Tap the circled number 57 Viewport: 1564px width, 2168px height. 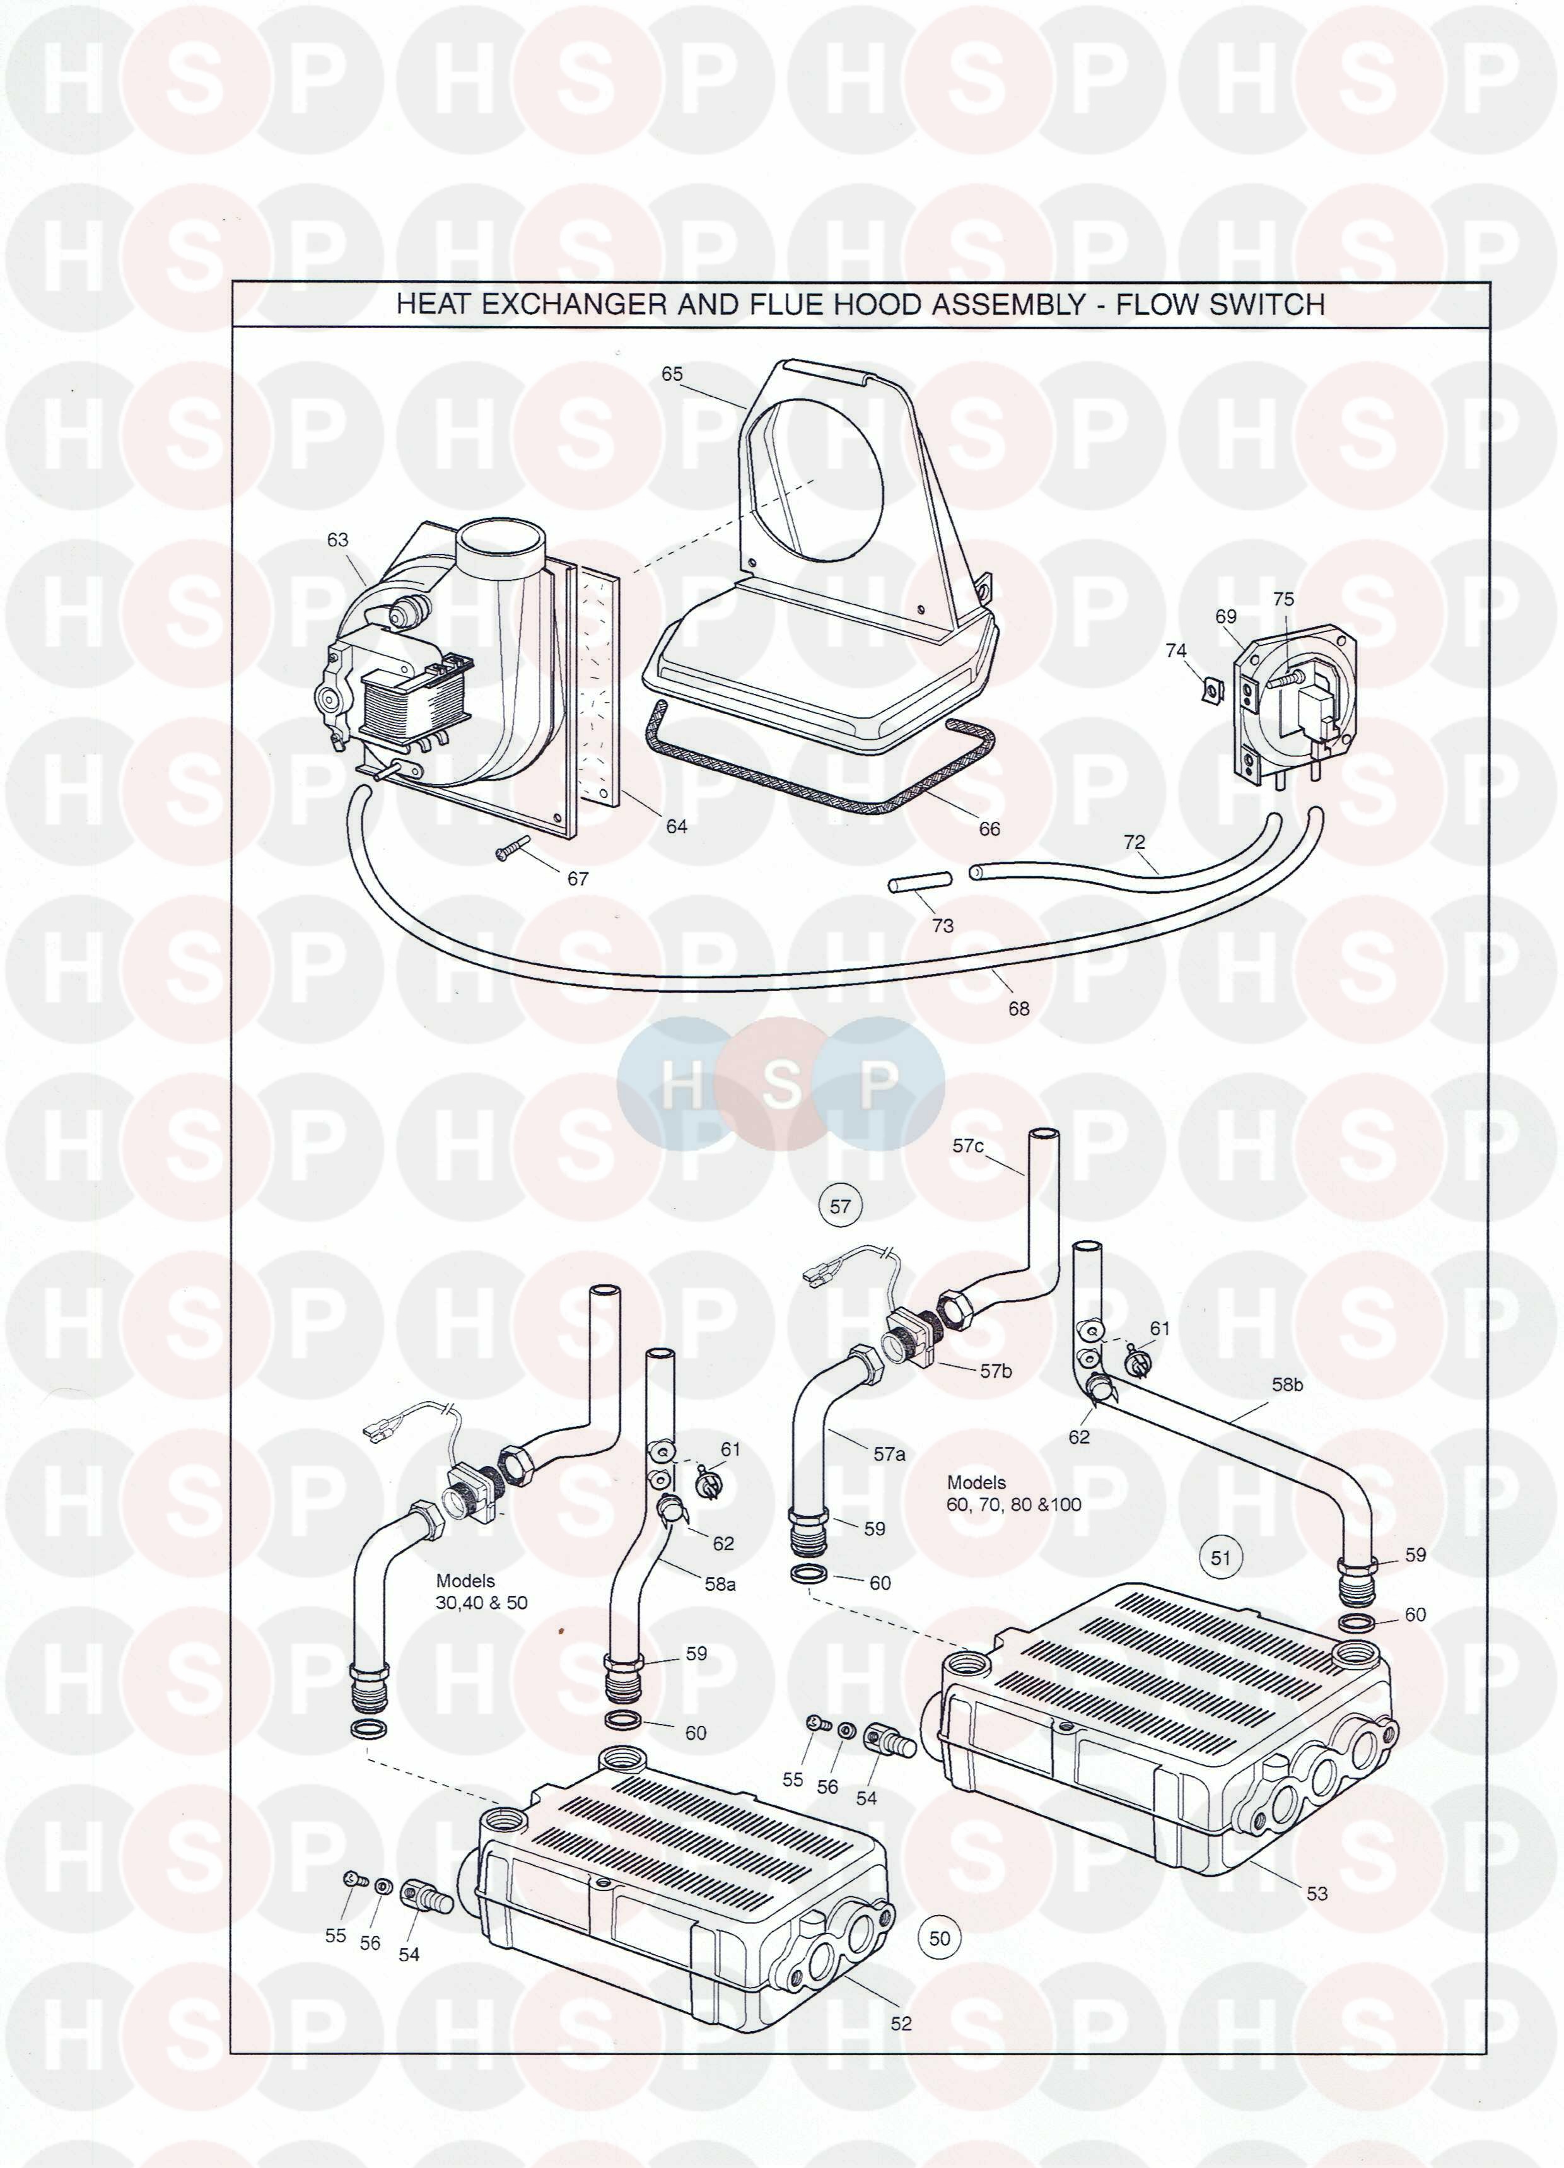840,1206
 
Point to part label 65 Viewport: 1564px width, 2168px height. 672,374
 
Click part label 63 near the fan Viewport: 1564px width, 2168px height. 337,540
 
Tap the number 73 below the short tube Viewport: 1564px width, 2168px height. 943,925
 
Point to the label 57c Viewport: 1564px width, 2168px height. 967,1146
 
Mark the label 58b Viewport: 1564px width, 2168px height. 1287,1384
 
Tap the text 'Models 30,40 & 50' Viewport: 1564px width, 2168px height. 481,1593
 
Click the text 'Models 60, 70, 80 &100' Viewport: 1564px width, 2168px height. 1013,1493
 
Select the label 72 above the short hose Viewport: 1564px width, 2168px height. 1134,842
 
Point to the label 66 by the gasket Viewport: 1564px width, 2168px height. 989,829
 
